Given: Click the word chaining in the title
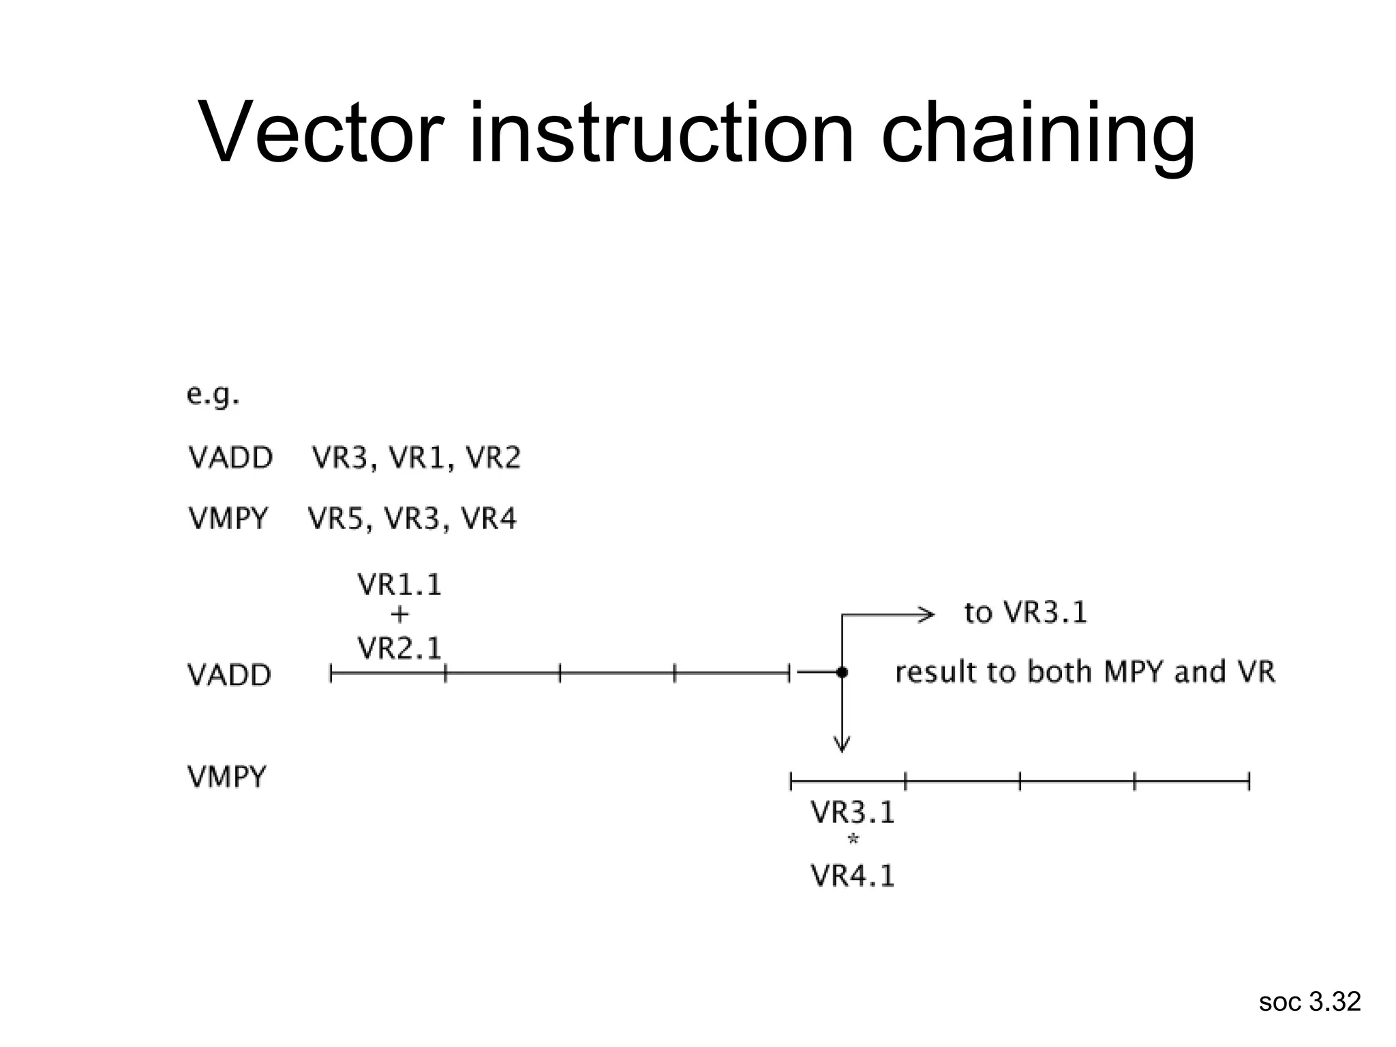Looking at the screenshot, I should [x=1037, y=135].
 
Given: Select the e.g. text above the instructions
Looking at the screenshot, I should [x=213, y=395].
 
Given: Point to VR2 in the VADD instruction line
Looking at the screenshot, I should [x=494, y=457].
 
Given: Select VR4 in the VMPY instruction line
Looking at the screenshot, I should [x=489, y=519].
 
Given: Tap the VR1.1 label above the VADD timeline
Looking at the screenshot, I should [x=399, y=585].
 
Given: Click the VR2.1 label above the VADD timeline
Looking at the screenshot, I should [x=399, y=648].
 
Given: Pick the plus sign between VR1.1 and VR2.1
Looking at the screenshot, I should [x=399, y=615].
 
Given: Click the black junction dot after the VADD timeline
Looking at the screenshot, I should [x=842, y=673].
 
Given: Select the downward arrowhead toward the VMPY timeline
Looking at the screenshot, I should [x=842, y=744].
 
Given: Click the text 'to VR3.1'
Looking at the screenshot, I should [x=1025, y=613].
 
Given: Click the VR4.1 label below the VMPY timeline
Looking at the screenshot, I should [x=852, y=876].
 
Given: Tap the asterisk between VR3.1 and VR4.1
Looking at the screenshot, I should [x=852, y=840].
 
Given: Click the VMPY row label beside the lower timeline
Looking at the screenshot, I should [x=227, y=777].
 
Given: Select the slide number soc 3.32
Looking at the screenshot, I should [x=1309, y=1002].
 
